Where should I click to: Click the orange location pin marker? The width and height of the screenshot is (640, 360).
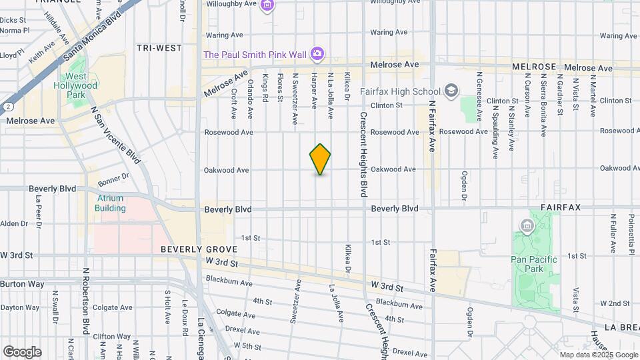(320, 159)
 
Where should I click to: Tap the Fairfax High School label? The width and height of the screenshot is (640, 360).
(400, 91)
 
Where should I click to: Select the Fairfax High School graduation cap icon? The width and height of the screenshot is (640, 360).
(451, 91)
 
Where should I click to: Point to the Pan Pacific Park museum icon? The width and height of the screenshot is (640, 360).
(527, 228)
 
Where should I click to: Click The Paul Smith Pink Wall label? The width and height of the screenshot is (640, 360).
(256, 53)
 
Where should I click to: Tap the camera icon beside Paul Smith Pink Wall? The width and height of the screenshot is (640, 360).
(318, 53)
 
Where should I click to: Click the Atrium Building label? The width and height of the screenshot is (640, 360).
(110, 203)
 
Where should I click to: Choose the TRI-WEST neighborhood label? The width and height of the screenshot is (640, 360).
(159, 48)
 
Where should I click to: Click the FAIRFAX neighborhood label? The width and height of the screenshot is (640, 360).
(561, 208)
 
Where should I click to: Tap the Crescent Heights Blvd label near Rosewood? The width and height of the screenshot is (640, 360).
(364, 153)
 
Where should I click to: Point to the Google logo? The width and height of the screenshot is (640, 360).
(22, 352)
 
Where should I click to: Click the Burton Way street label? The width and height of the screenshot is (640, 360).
(22, 284)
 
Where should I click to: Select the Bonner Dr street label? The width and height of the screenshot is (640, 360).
(112, 179)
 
